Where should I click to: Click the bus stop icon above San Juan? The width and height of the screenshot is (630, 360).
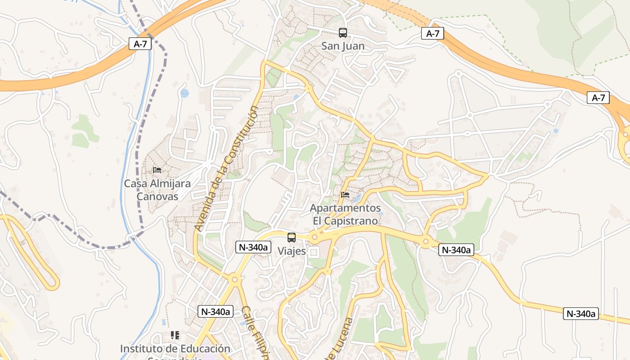pyautogui.click(x=343, y=32)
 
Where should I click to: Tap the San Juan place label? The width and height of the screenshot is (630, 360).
pyautogui.click(x=343, y=46)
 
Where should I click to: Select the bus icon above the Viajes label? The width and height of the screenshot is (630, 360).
pyautogui.click(x=292, y=238)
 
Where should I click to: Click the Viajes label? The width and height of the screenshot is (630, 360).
pyautogui.click(x=292, y=251)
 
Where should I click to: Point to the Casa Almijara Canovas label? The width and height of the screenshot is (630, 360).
pyautogui.click(x=157, y=190)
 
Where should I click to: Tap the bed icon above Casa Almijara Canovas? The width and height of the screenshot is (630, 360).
pyautogui.click(x=157, y=170)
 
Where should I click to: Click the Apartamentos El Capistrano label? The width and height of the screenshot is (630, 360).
pyautogui.click(x=345, y=215)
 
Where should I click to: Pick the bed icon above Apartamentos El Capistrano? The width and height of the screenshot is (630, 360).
pyautogui.click(x=345, y=195)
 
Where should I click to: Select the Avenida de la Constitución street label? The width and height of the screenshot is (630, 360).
pyautogui.click(x=227, y=169)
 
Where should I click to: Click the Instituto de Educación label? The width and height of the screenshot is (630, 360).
pyautogui.click(x=175, y=349)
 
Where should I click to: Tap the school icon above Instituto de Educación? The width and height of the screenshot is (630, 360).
pyautogui.click(x=175, y=335)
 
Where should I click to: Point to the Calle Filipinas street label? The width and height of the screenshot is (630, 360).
pyautogui.click(x=255, y=333)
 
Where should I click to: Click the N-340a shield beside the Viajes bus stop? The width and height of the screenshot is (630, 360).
pyautogui.click(x=253, y=247)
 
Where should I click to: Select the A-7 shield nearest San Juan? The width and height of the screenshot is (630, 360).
pyautogui.click(x=432, y=33)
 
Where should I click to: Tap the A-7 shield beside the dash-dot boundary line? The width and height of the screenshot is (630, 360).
pyautogui.click(x=140, y=44)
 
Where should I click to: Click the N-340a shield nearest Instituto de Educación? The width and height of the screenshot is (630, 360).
pyautogui.click(x=215, y=311)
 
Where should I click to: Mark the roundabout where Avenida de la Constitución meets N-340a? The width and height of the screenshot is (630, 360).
pyautogui.click(x=234, y=279)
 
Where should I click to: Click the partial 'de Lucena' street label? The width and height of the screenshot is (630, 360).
pyautogui.click(x=340, y=340)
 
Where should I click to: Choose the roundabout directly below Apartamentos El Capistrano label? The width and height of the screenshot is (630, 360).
pyautogui.click(x=315, y=237)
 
